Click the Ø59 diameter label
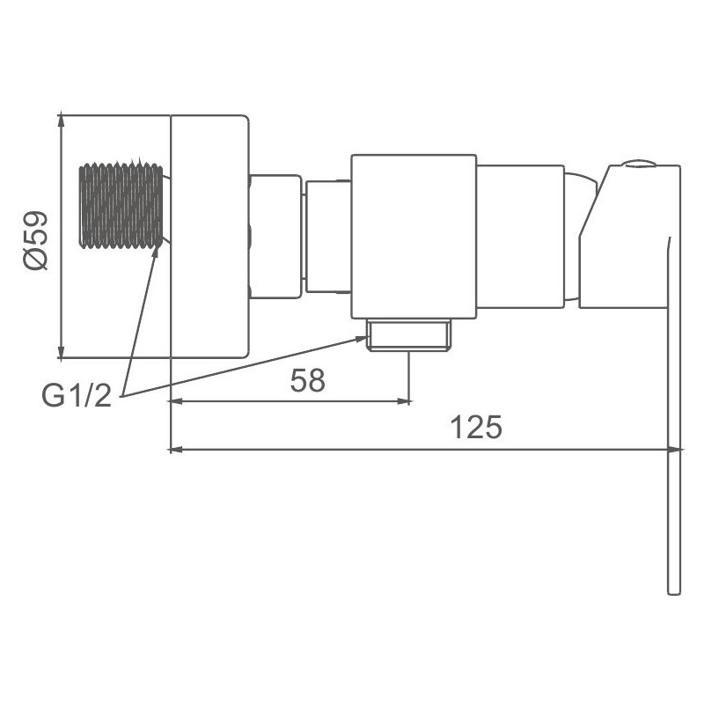click(x=36, y=240)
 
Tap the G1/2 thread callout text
click(x=77, y=395)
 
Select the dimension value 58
click(x=307, y=380)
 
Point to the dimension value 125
click(x=476, y=427)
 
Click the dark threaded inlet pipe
click(x=121, y=205)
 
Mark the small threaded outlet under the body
click(x=408, y=334)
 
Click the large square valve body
click(x=414, y=237)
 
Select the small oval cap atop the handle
click(x=638, y=164)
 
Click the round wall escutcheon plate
click(x=209, y=237)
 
